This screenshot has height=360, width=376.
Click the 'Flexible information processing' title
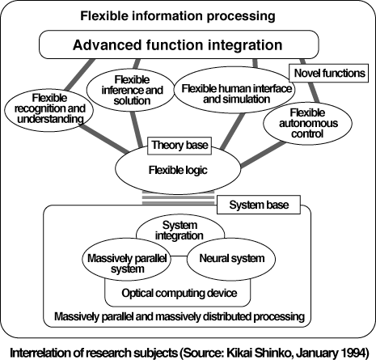(178, 16)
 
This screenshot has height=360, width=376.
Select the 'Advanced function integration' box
(179, 44)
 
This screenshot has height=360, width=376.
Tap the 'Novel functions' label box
(329, 73)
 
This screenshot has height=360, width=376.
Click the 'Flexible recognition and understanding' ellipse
(49, 110)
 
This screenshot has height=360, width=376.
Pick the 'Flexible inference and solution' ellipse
(131, 90)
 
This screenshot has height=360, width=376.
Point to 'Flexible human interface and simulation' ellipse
(234, 90)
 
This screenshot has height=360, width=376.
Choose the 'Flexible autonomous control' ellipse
(307, 123)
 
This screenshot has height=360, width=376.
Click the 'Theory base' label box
(180, 146)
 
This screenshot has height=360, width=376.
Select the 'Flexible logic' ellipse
(178, 170)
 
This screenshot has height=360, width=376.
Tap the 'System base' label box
(259, 205)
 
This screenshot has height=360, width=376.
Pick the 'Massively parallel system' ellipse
(127, 259)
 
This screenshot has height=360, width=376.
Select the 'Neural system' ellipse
(231, 259)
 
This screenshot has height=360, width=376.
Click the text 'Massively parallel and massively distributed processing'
(180, 316)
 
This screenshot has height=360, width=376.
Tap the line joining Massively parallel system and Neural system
(179, 256)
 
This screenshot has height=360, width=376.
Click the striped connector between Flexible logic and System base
(178, 198)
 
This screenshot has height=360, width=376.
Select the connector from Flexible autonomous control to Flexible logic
(264, 155)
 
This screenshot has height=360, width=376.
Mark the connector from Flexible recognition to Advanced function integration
(80, 74)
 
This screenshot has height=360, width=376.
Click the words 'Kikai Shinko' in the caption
(260, 353)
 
